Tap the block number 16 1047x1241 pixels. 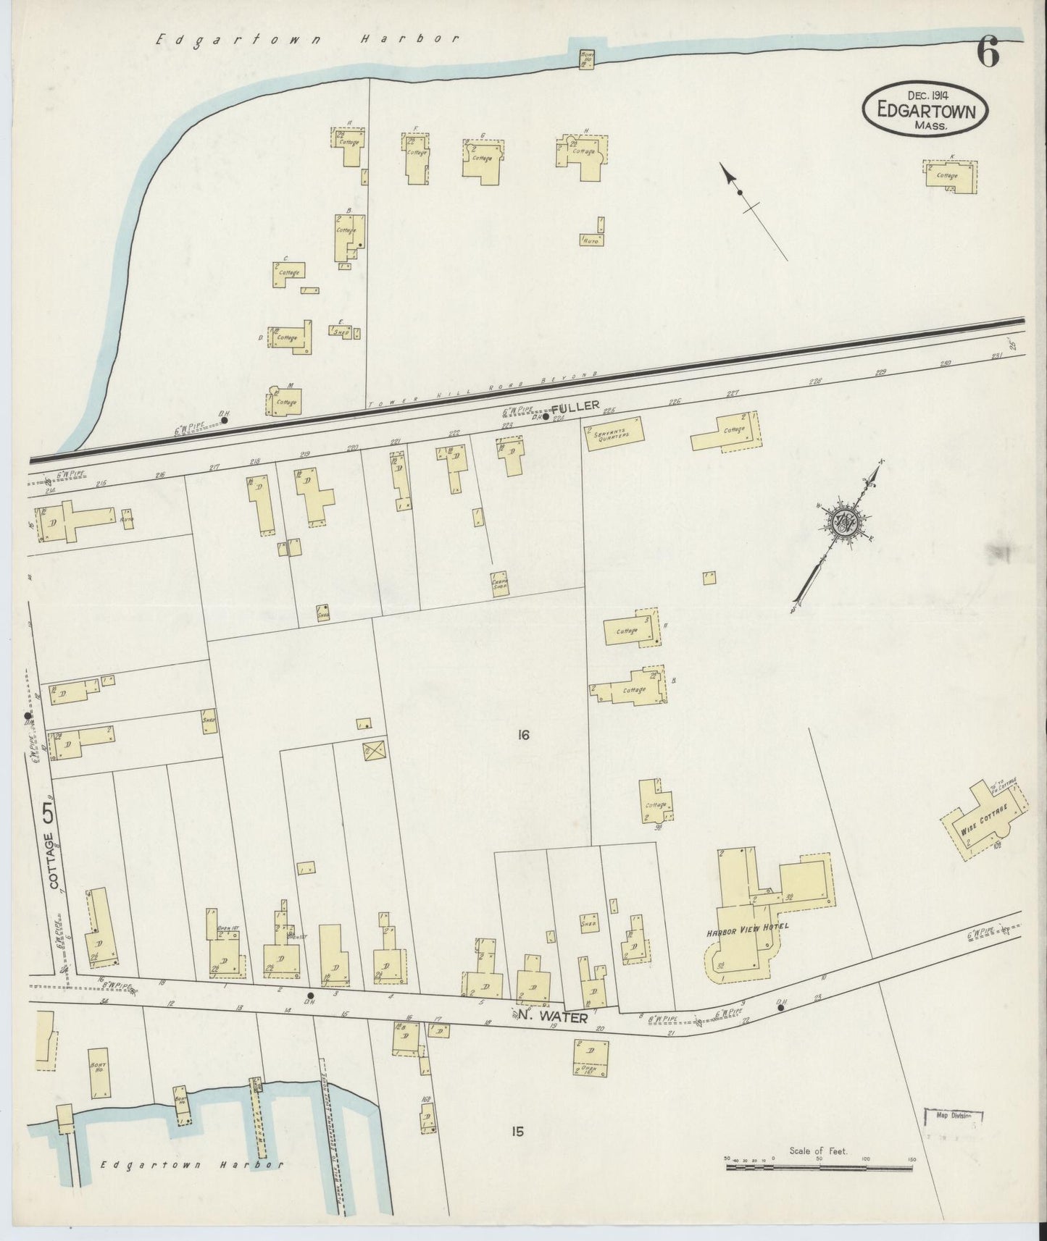click(524, 736)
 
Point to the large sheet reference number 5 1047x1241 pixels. click(49, 815)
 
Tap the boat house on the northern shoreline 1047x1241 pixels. click(586, 59)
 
